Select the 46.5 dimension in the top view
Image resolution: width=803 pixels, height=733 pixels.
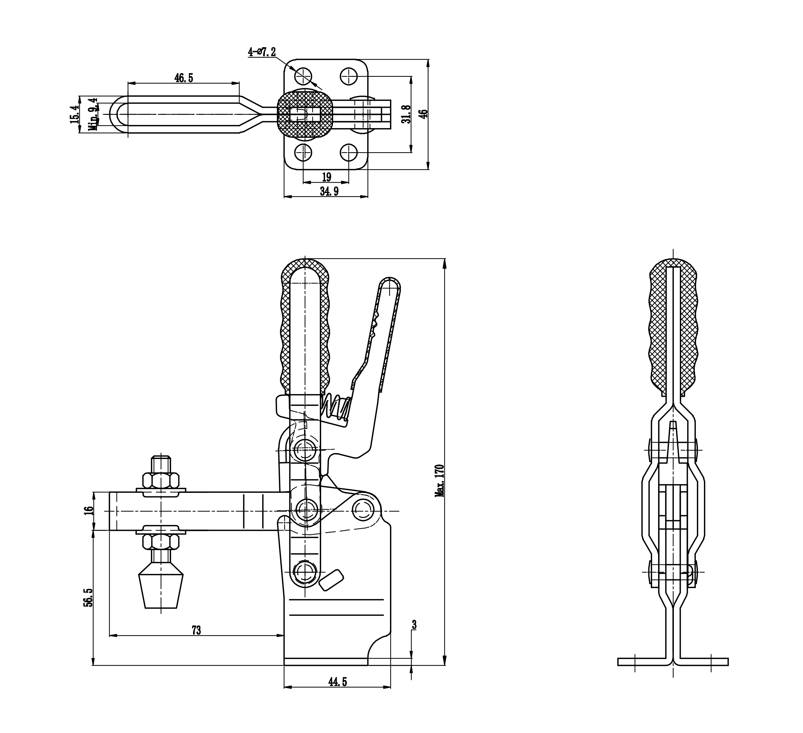click(184, 78)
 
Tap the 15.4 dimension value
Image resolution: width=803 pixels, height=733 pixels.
click(74, 114)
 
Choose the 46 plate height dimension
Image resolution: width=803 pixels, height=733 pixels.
click(425, 114)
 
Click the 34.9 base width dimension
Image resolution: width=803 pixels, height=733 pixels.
click(329, 192)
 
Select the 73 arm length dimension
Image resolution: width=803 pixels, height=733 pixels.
click(196, 631)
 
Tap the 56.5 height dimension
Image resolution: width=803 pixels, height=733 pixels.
click(88, 598)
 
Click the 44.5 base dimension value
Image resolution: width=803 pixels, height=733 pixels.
click(337, 682)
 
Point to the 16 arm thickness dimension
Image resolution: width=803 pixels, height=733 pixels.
click(89, 511)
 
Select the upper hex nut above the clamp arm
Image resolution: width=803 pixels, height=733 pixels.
click(161, 481)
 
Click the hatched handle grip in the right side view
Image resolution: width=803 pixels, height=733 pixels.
click(673, 326)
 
